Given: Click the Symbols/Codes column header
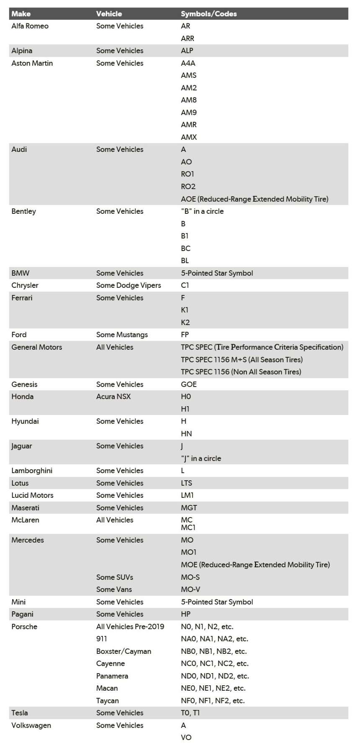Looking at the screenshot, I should tap(208, 14).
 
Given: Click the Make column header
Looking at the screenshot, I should tap(21, 14).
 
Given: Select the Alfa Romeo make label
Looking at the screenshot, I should tap(30, 26).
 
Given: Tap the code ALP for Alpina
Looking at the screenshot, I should tap(187, 51).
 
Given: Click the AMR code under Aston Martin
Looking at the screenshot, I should tap(189, 125).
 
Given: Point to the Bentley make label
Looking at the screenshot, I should tap(23, 211).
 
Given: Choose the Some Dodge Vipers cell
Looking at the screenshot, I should tap(128, 285).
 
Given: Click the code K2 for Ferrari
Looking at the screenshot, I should tap(185, 323).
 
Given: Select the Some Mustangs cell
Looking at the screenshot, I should tap(122, 335).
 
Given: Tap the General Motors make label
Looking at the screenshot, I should tap(36, 347).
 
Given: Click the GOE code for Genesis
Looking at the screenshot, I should tap(189, 384).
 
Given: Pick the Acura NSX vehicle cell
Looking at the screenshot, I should tap(113, 397).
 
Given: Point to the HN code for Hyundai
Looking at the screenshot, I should tap(186, 434).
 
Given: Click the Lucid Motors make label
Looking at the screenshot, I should tap(32, 495).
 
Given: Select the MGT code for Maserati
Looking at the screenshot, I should tap(189, 508).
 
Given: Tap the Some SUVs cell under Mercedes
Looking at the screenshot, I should tap(115, 577).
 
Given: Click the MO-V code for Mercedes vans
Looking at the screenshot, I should tap(190, 589).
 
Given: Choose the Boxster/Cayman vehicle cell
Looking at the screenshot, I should tap(123, 651).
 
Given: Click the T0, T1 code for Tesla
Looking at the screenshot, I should tap(190, 713).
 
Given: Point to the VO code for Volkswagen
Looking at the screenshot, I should tap(186, 738).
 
